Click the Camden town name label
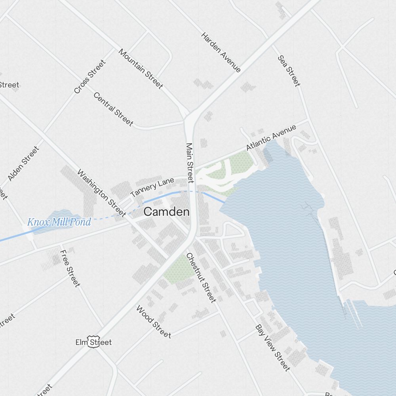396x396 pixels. click(166, 212)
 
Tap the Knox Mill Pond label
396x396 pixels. click(59, 222)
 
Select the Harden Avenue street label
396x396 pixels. click(221, 52)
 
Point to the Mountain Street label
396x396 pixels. click(141, 69)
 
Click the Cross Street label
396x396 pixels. click(90, 77)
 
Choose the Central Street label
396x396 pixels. click(113, 109)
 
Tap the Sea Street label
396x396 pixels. click(289, 70)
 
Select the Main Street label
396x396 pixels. click(190, 163)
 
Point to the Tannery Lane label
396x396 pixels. click(152, 188)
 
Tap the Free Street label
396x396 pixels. click(70, 268)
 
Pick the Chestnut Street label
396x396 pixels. click(201, 278)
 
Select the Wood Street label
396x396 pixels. click(153, 322)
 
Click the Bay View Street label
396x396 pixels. click(272, 348)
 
